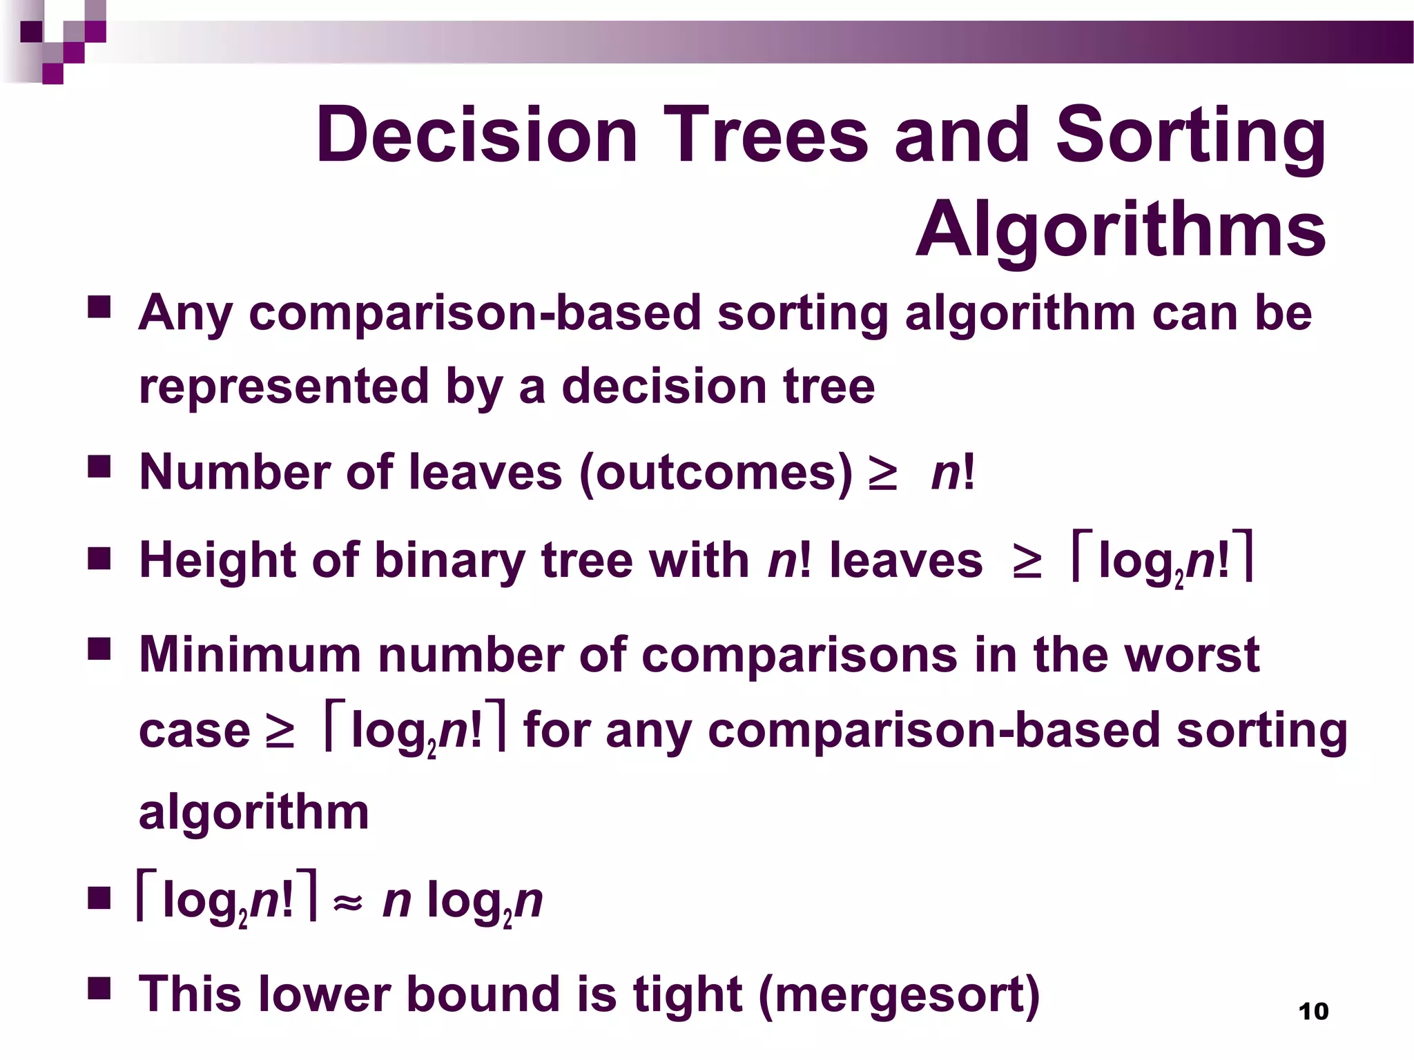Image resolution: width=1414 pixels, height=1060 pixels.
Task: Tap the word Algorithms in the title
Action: click(x=1120, y=229)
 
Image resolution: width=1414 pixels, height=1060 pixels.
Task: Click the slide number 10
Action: click(x=1313, y=1012)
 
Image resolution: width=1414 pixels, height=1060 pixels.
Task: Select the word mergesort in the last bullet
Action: click(x=898, y=995)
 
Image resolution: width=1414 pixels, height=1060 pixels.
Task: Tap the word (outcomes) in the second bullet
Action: click(x=716, y=473)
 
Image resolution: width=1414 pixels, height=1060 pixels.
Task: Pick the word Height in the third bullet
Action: click(x=217, y=560)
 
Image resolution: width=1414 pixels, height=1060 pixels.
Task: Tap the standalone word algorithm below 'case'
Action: click(x=253, y=812)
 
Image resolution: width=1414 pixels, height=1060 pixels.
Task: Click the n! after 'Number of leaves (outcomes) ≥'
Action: click(x=953, y=473)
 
